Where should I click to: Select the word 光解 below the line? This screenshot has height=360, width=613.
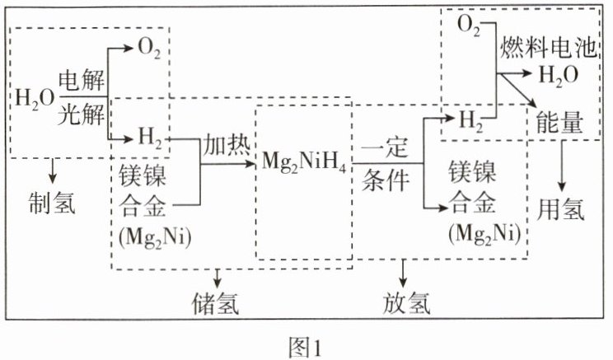tap(81, 116)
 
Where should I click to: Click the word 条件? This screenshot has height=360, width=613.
tap(387, 182)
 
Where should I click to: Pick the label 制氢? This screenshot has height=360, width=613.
tap(49, 202)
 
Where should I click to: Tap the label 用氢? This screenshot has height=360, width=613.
tap(564, 209)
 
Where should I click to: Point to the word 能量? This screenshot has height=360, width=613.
tap(560, 124)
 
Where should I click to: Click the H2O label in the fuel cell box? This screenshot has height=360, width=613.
tap(557, 76)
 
